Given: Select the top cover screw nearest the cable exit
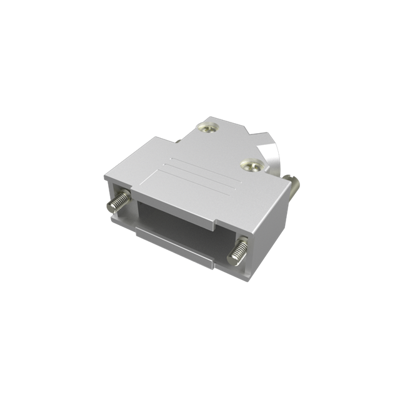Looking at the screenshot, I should (x=250, y=166).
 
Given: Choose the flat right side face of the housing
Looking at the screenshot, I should (x=266, y=219).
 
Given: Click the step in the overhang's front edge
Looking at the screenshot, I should (x=217, y=222).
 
